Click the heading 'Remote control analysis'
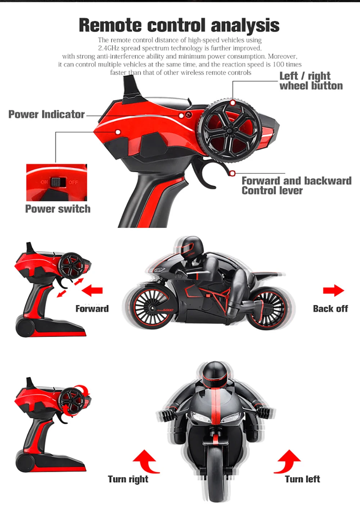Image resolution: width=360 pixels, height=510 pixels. [179, 25]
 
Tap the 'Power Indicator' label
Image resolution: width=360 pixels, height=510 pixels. [46, 114]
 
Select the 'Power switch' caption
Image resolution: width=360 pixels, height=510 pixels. [58, 209]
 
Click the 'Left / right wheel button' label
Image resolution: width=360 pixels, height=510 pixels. [311, 81]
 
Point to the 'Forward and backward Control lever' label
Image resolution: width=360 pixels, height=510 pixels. [296, 185]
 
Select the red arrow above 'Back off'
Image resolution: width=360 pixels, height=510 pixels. [333, 290]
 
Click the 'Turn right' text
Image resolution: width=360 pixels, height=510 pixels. [128, 479]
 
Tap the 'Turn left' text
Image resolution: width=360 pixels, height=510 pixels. [302, 479]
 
